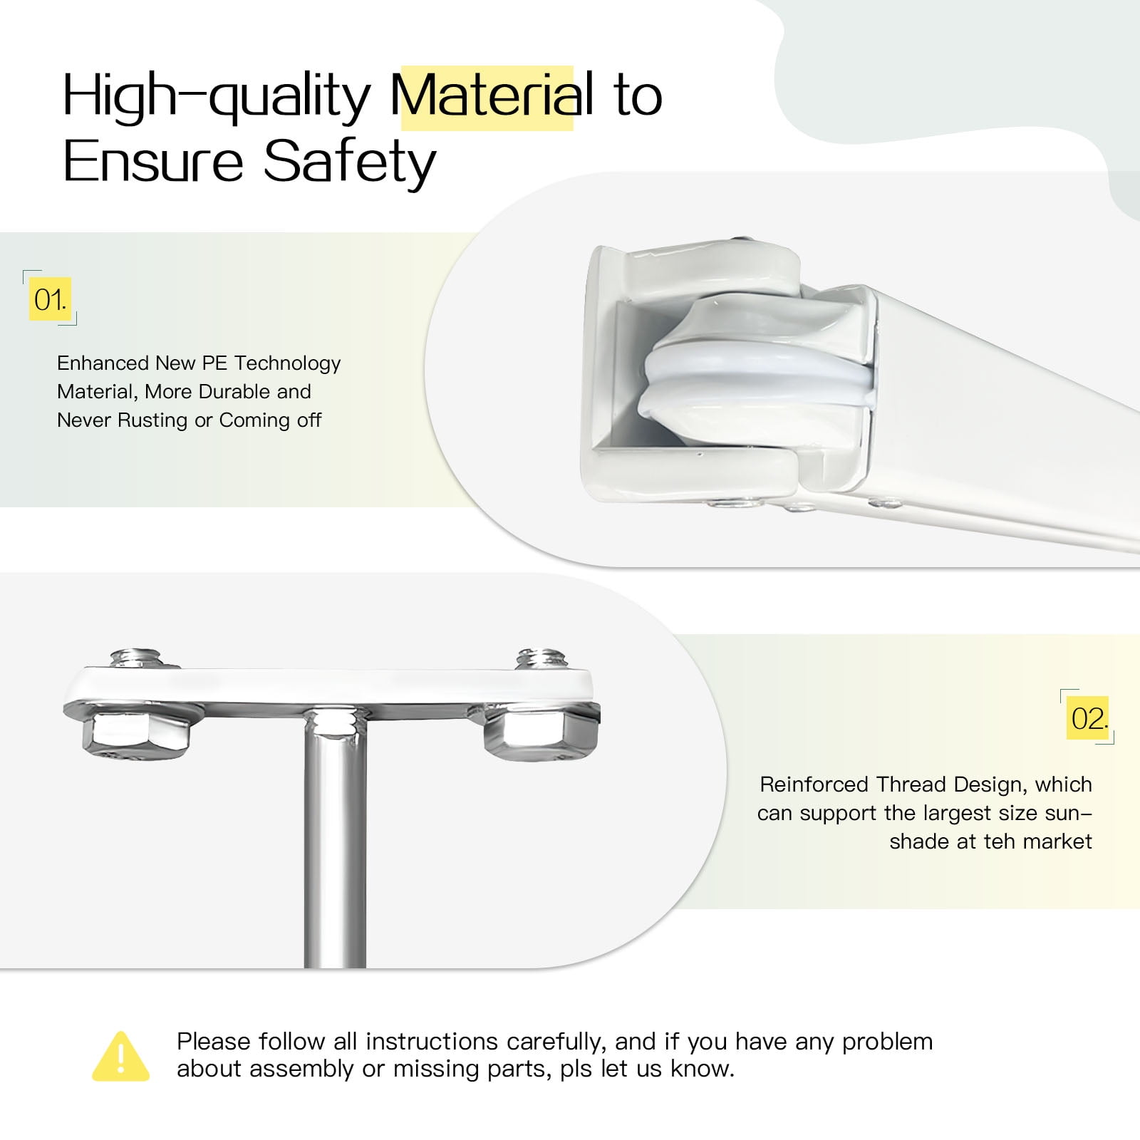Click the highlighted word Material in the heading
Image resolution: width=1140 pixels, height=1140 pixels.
492,96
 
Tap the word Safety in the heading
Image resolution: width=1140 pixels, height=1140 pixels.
349,163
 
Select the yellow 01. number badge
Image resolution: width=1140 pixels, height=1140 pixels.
50,299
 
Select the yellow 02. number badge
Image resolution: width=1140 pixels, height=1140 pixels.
1088,717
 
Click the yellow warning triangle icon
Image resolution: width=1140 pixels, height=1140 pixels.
121,1057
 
